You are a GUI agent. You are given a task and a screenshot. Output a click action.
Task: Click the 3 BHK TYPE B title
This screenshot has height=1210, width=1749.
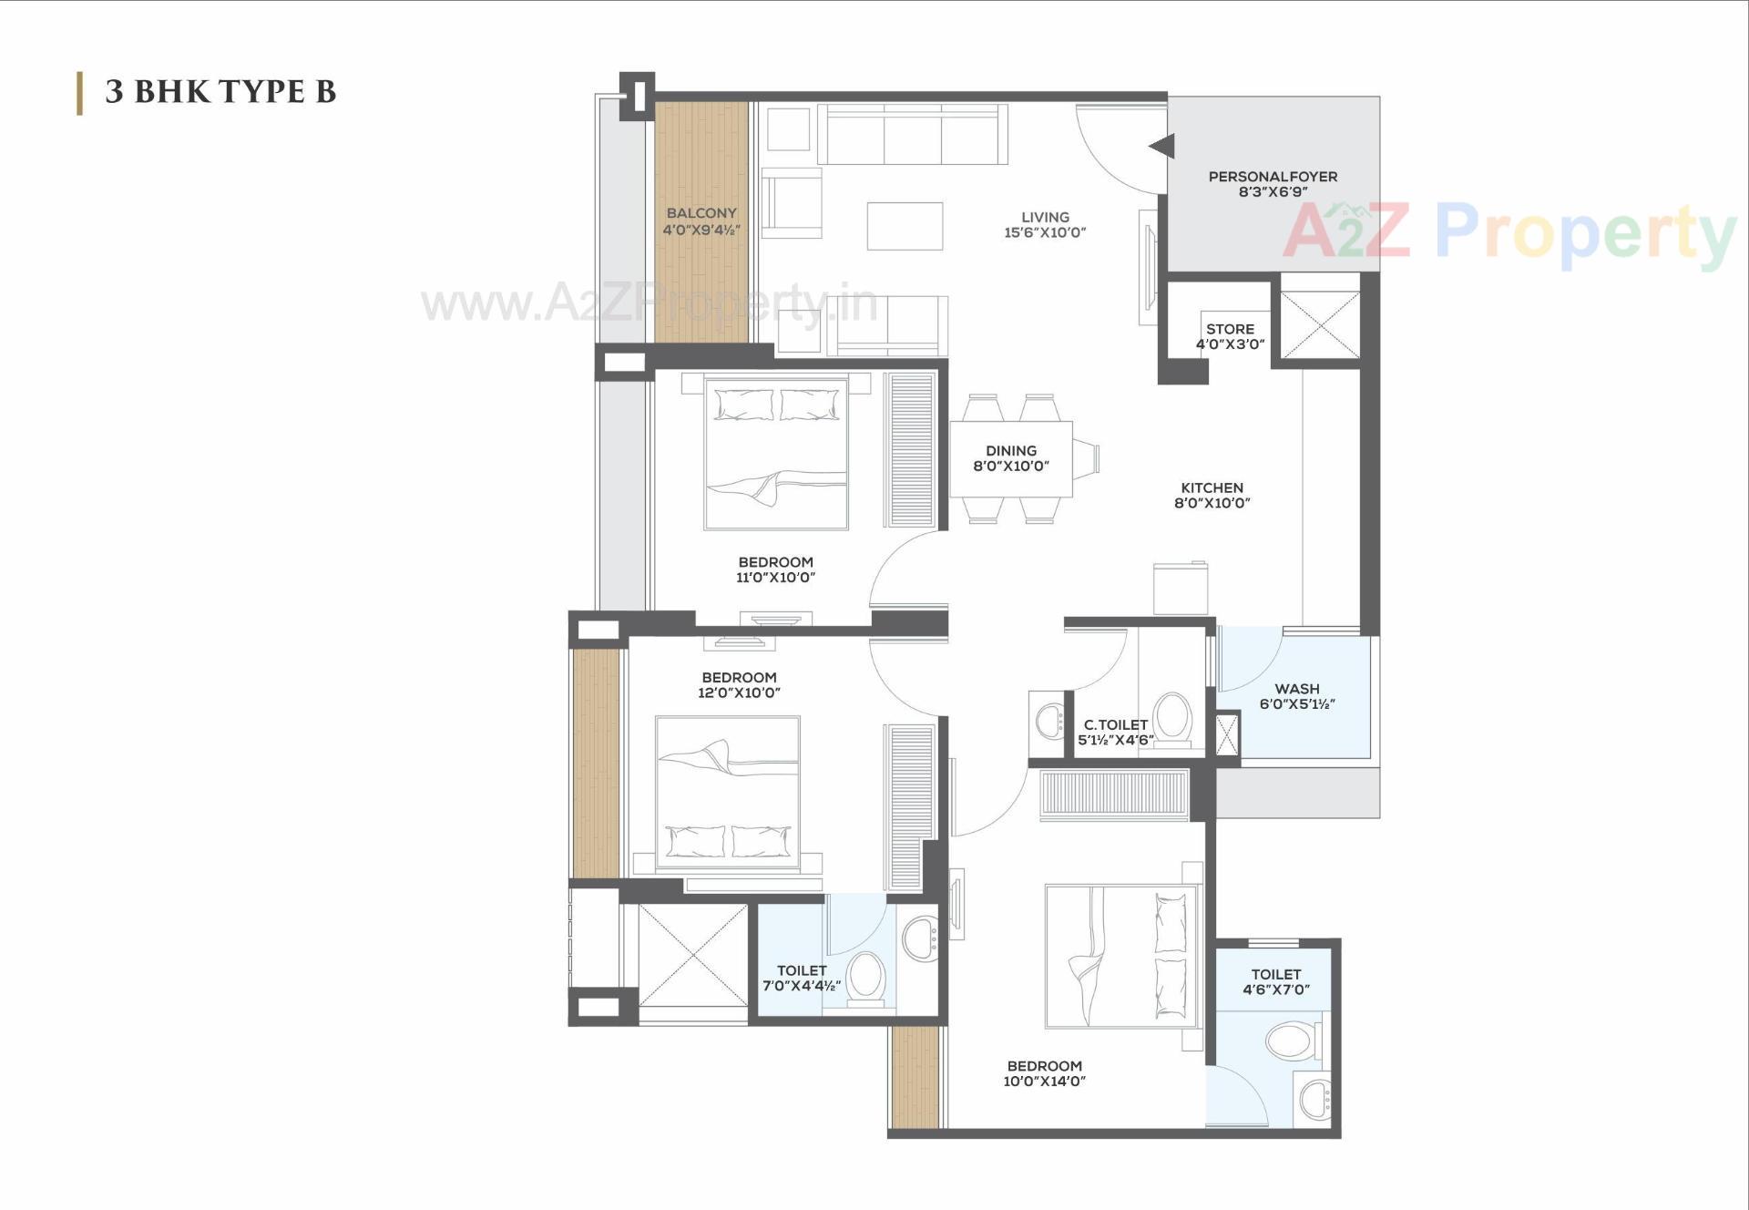(220, 92)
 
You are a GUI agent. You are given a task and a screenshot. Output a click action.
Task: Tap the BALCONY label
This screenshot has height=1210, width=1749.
(701, 213)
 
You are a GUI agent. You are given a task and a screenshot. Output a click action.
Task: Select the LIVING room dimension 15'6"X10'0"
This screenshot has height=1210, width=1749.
(1045, 232)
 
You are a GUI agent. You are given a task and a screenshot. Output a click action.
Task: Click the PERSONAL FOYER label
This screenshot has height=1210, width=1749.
(1273, 177)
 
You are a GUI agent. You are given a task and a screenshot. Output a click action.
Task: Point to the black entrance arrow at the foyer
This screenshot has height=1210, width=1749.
(1162, 146)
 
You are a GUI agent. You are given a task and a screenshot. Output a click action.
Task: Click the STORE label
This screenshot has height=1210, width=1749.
(1230, 329)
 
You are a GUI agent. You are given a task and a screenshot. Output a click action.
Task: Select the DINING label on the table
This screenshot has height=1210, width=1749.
(1011, 451)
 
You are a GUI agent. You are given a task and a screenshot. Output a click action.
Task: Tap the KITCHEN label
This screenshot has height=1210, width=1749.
(1212, 488)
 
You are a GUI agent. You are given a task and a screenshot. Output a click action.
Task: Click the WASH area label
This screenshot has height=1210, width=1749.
(1296, 689)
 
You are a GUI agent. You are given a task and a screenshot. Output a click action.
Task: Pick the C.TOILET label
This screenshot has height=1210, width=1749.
(1115, 725)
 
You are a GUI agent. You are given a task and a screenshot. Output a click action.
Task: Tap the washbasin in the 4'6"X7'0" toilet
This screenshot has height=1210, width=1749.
(1314, 1099)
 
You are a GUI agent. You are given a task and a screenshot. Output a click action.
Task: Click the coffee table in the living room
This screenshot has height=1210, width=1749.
(905, 226)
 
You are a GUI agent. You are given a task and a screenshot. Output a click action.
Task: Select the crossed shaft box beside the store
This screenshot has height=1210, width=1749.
(1319, 324)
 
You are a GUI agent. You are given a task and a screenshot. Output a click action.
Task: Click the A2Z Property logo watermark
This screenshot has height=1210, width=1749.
(1508, 232)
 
